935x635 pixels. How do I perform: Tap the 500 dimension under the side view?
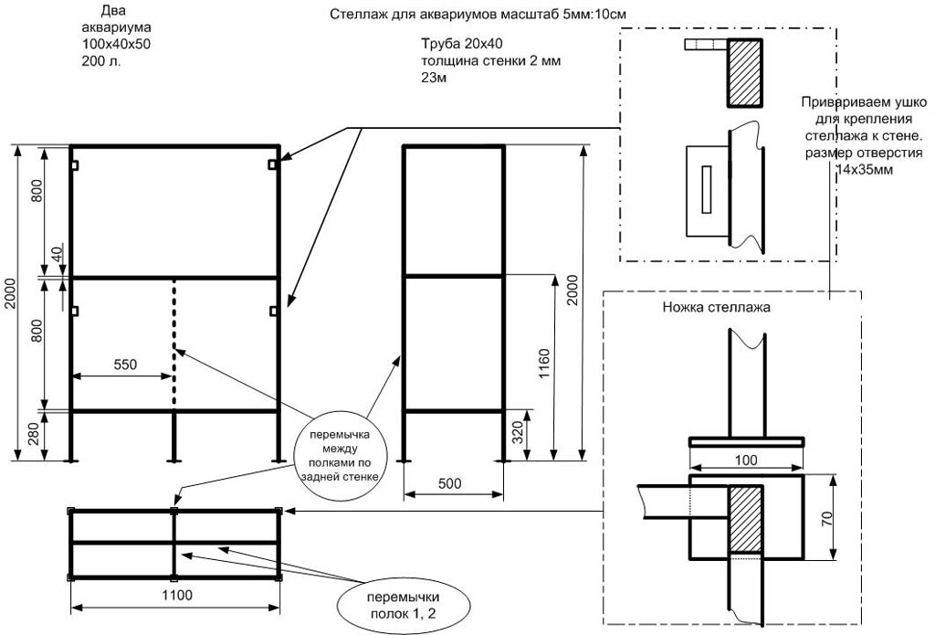pyautogui.click(x=454, y=482)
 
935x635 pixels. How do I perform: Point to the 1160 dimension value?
pyautogui.click(x=546, y=365)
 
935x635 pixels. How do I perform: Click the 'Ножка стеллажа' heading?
pyautogui.click(x=717, y=308)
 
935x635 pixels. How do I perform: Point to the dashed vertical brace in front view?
pyautogui.click(x=174, y=343)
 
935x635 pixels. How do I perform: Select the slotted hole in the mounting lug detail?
pyautogui.click(x=706, y=190)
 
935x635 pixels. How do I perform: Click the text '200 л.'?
pyautogui.click(x=100, y=61)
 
